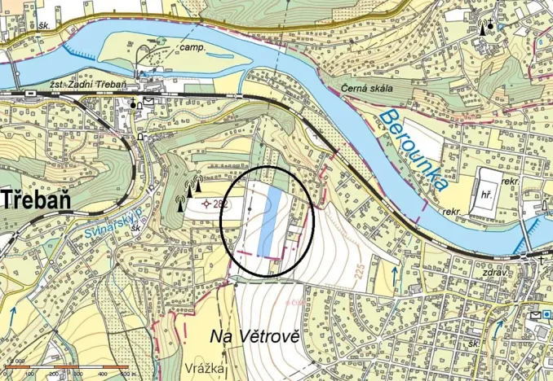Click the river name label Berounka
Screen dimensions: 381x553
pos(414,151)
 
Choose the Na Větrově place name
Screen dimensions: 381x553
pos(255,335)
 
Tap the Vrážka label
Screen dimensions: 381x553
pos(204,369)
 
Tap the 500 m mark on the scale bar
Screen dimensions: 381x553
pos(126,374)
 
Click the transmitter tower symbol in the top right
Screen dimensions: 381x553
pos(485,27)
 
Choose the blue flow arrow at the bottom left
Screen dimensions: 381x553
pos(13,315)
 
